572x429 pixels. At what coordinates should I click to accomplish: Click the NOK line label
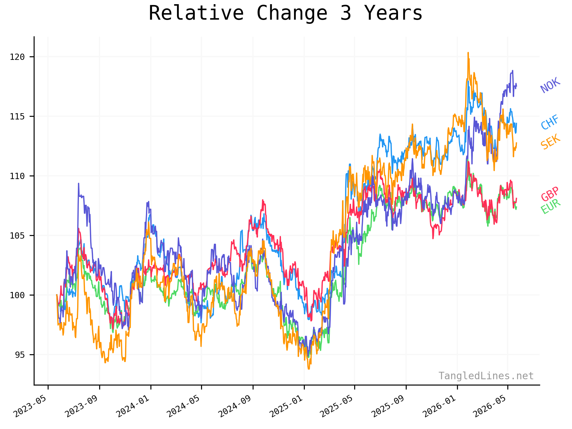coord(550,85)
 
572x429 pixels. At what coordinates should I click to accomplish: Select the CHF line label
coord(550,122)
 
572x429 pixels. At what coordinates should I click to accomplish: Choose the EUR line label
coord(551,207)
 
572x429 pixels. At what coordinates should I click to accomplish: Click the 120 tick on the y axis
coord(17,57)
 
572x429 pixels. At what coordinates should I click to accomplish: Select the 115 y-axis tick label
coord(17,116)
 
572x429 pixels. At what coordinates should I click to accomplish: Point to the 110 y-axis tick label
coord(17,176)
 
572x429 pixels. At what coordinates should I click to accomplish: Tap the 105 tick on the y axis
coord(17,236)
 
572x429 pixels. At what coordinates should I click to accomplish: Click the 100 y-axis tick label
coord(17,295)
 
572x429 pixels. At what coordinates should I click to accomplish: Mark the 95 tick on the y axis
coord(20,355)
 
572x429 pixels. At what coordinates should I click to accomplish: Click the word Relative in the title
coord(196,13)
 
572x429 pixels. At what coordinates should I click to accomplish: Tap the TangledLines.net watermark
coord(486,376)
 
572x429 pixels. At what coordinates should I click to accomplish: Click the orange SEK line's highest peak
coord(468,53)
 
